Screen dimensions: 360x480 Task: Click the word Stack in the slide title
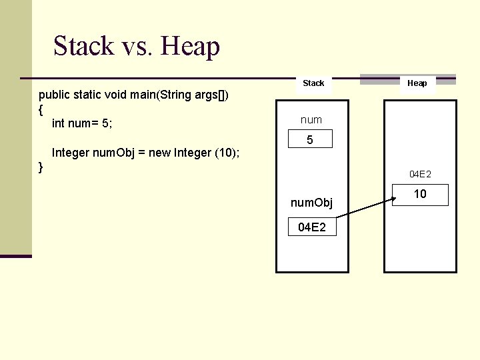click(x=84, y=46)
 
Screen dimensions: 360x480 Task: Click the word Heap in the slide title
click(x=190, y=46)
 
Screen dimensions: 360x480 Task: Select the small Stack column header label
click(x=313, y=83)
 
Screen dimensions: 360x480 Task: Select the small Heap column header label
click(x=417, y=83)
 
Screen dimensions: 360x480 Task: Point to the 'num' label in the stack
click(x=311, y=120)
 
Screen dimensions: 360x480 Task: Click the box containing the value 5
click(x=309, y=141)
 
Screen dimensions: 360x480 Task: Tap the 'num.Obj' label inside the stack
click(x=311, y=202)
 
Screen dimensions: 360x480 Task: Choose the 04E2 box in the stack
click(x=311, y=227)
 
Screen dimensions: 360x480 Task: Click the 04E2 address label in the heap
click(x=420, y=174)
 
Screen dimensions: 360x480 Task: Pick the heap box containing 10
click(x=420, y=195)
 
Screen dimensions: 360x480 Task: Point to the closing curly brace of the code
click(x=41, y=166)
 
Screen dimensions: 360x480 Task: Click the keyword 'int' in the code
click(x=59, y=123)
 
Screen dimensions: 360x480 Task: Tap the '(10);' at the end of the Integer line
click(x=227, y=153)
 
